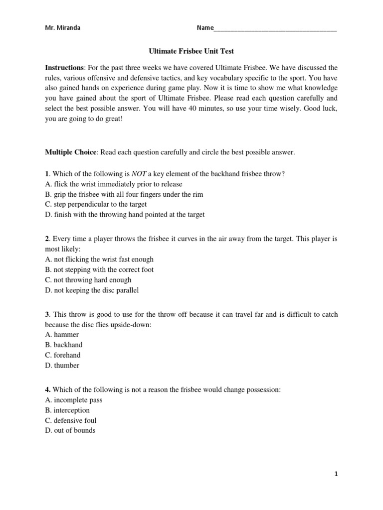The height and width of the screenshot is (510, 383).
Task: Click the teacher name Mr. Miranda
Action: click(x=62, y=28)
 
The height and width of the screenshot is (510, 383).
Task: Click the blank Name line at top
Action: click(x=275, y=29)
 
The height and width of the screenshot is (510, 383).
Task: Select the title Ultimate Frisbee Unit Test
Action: click(x=191, y=51)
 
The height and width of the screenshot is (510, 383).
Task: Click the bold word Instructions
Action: click(x=64, y=67)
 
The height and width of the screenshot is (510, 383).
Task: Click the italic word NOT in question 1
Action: click(x=138, y=173)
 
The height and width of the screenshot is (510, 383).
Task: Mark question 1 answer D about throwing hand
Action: click(x=125, y=215)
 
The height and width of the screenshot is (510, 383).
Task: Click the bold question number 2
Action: click(x=47, y=239)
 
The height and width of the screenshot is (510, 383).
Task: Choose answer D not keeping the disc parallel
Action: click(x=92, y=290)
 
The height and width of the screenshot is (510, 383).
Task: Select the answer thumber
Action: click(x=62, y=366)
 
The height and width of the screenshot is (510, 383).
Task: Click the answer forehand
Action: click(x=62, y=355)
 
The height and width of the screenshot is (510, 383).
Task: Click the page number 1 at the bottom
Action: click(x=336, y=475)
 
